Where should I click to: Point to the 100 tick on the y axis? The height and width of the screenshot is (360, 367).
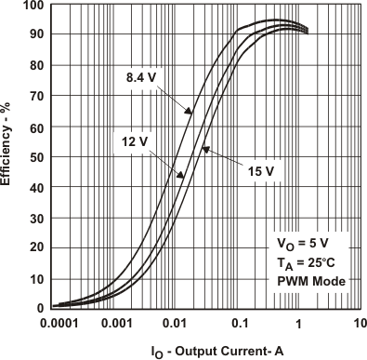(33, 6)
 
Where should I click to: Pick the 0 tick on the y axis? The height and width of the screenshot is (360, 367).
(40, 308)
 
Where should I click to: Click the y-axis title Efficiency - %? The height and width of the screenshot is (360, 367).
(8, 156)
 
